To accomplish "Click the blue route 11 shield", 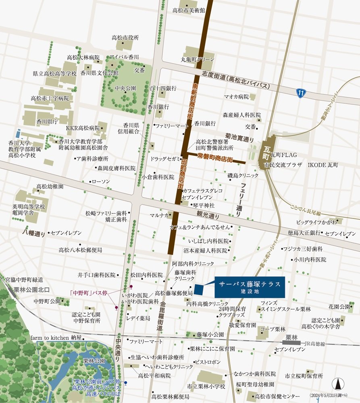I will coord(301,93).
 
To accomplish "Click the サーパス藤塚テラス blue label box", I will coord(250,287).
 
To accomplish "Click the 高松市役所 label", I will coord(125,37).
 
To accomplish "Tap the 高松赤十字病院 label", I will coord(50,98).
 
